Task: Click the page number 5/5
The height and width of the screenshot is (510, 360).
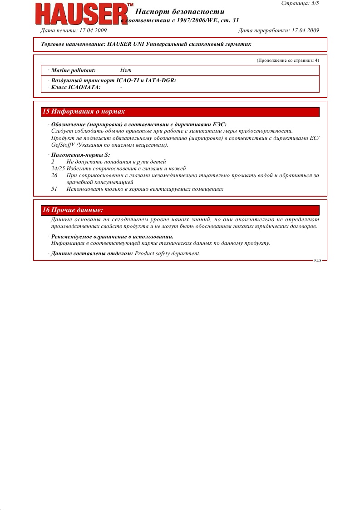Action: pos(313,3)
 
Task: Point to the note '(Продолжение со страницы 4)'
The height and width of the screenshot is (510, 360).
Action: pos(288,60)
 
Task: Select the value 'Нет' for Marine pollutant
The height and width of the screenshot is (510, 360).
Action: pos(126,70)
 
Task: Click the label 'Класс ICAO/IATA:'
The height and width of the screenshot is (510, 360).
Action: pos(76,87)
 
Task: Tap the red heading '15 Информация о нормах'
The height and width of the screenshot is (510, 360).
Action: pos(84,112)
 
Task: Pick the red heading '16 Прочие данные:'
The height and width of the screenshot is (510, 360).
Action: pos(73,210)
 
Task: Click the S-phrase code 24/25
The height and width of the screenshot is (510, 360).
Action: pos(58,168)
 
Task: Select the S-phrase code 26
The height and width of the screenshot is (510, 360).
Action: pos(54,175)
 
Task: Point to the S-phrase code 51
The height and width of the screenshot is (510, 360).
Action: pos(54,189)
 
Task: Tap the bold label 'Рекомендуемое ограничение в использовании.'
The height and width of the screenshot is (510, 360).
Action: pos(112,237)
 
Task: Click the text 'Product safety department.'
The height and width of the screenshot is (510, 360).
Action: pos(168,253)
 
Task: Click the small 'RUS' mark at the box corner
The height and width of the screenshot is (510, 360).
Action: pos(317,261)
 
